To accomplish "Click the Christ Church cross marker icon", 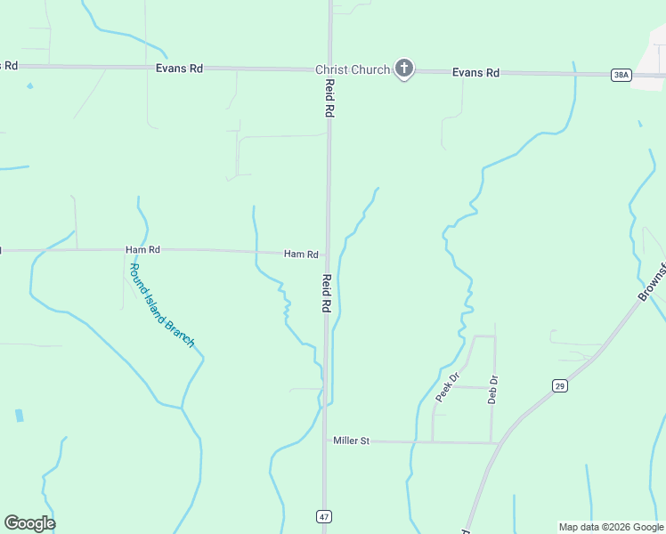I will point(404,69).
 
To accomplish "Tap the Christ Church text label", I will point(353,69).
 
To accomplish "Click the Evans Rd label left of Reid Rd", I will point(179,68).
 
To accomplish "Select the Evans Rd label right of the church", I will point(475,73).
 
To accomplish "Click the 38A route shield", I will point(621,75).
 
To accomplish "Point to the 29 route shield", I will point(559,385).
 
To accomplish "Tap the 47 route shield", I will point(324,516).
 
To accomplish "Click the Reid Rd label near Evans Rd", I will point(329,98).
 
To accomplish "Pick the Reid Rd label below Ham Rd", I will point(327,293).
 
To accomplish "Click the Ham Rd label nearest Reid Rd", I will point(301,255).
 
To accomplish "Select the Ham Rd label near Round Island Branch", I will point(142,250).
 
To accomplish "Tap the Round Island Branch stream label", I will point(161,305).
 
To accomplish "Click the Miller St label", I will point(351,441).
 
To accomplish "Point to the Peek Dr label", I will point(447,387).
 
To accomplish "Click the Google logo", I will point(29,523).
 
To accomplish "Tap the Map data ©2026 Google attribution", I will point(611,527).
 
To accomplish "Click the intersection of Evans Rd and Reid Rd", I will point(329,69).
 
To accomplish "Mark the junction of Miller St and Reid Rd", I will point(325,441).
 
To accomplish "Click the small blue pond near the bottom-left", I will point(20,416).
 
